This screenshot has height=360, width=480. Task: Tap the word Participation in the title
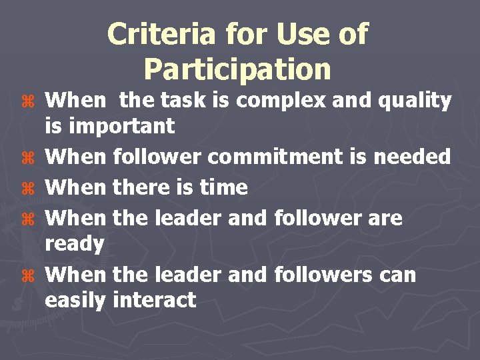click(237, 69)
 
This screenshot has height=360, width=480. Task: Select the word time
click(223, 187)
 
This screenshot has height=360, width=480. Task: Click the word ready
click(74, 245)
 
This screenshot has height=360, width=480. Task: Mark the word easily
click(75, 301)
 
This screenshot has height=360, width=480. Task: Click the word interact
click(155, 300)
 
